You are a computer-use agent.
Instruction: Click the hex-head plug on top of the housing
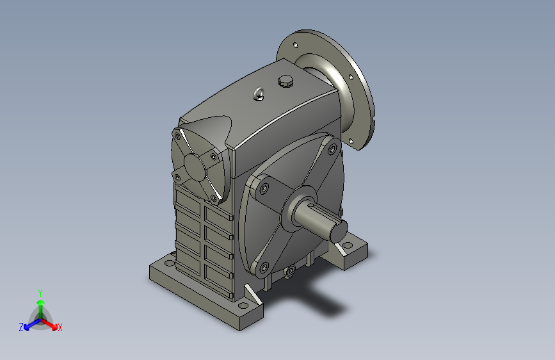click(x=285, y=81)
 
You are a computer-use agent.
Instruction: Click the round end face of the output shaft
click(x=339, y=229)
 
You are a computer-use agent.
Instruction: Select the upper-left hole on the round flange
click(x=296, y=45)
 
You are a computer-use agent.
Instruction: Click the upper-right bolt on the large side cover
click(x=331, y=149)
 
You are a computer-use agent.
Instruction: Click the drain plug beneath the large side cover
click(x=291, y=272)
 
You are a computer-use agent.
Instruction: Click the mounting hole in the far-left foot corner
click(x=170, y=262)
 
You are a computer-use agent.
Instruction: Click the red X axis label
click(x=60, y=327)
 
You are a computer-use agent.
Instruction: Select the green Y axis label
click(x=40, y=291)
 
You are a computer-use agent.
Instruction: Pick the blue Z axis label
click(x=21, y=327)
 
